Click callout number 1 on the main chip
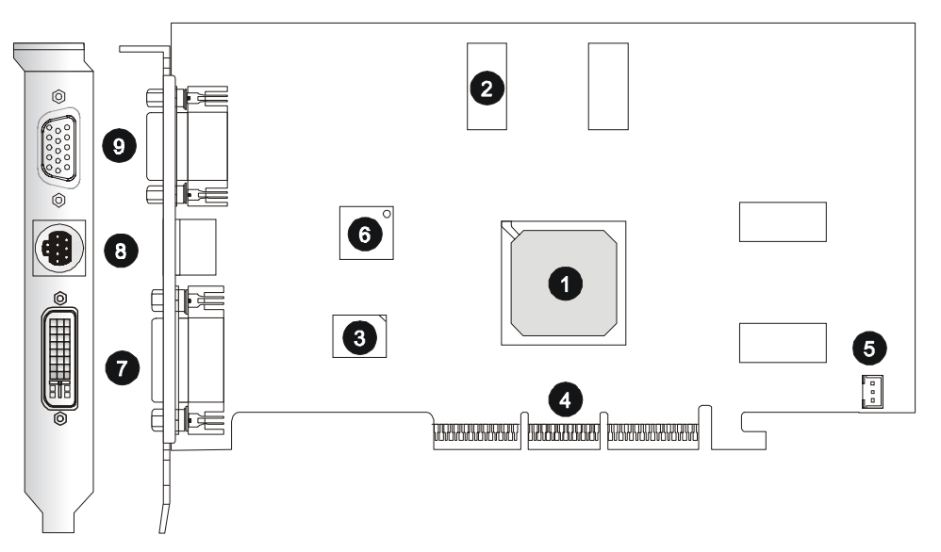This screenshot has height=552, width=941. (566, 283)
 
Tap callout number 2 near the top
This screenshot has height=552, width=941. (487, 89)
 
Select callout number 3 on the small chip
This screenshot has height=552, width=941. (359, 335)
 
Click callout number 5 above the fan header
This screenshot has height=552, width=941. (868, 348)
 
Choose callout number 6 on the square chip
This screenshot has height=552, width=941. (366, 234)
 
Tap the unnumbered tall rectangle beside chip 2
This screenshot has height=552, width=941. (607, 86)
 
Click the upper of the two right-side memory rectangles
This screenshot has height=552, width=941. (783, 222)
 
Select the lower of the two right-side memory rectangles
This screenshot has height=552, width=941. (783, 343)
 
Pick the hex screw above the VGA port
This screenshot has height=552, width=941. (58, 96)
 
